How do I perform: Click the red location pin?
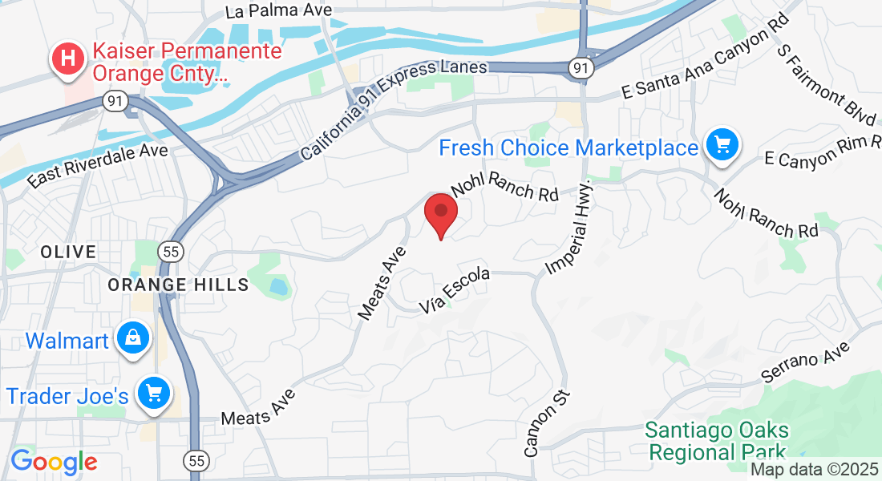click(440, 214)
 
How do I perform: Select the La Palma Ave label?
click(268, 11)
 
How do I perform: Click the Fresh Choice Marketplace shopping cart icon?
click(722, 146)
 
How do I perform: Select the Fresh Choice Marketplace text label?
click(568, 148)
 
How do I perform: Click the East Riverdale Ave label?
click(98, 166)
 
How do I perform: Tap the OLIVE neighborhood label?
click(68, 252)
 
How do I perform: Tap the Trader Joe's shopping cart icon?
click(152, 394)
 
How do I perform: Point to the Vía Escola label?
click(455, 292)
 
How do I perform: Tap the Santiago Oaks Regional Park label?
click(717, 442)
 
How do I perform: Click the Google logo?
click(54, 461)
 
